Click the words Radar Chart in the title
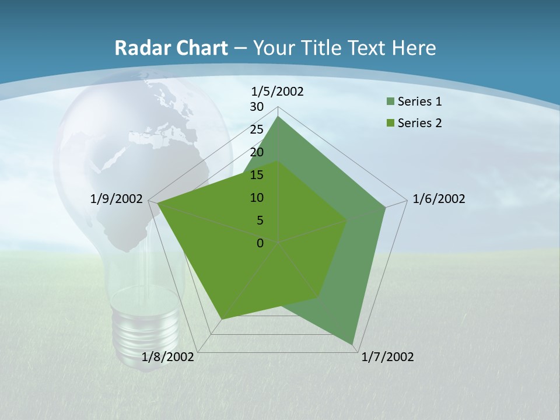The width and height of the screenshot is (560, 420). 171,48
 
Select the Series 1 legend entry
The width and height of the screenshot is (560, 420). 419,101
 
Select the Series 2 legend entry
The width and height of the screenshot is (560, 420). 419,123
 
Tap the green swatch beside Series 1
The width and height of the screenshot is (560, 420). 390,102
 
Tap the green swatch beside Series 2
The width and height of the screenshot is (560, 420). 390,124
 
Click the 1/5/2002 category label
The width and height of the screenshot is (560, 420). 278,91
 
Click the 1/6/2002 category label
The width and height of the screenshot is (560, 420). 439,199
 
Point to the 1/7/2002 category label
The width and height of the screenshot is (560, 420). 387,357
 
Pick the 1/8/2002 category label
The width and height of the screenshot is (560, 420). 168,357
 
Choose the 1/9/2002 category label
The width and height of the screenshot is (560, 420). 117,199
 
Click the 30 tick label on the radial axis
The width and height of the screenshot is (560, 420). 257,107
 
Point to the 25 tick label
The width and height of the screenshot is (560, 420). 257,129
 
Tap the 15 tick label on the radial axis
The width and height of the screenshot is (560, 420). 257,175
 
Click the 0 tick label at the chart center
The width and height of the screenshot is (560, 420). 260,243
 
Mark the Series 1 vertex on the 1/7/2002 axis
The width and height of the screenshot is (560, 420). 353,345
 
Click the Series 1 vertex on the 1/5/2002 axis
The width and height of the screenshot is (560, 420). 278,117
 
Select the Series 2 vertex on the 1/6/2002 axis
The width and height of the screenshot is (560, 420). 347,220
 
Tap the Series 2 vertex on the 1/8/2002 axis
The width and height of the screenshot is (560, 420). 222,319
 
